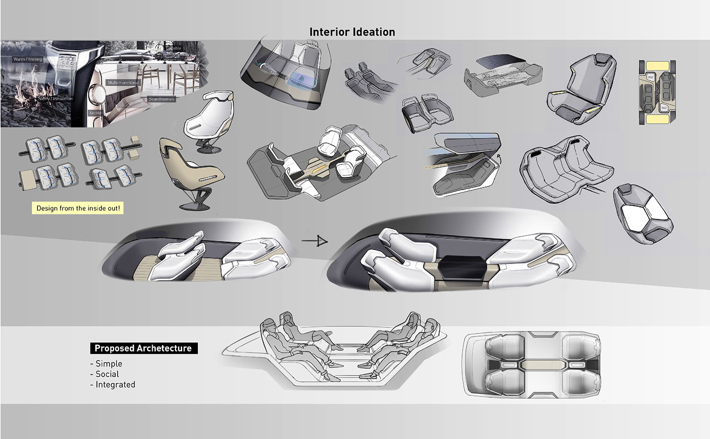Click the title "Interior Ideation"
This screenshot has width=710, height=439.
(x=352, y=32)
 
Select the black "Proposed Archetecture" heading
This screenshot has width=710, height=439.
(x=143, y=348)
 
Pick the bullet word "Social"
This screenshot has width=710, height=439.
(x=107, y=374)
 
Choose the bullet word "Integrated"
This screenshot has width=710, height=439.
(x=115, y=385)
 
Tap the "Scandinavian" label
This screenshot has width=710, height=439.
(x=161, y=99)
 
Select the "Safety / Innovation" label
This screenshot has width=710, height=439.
(x=55, y=98)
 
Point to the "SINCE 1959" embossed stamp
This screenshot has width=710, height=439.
(x=67, y=64)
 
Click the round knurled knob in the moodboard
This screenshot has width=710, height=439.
(x=98, y=94)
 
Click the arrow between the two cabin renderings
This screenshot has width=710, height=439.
(x=314, y=241)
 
